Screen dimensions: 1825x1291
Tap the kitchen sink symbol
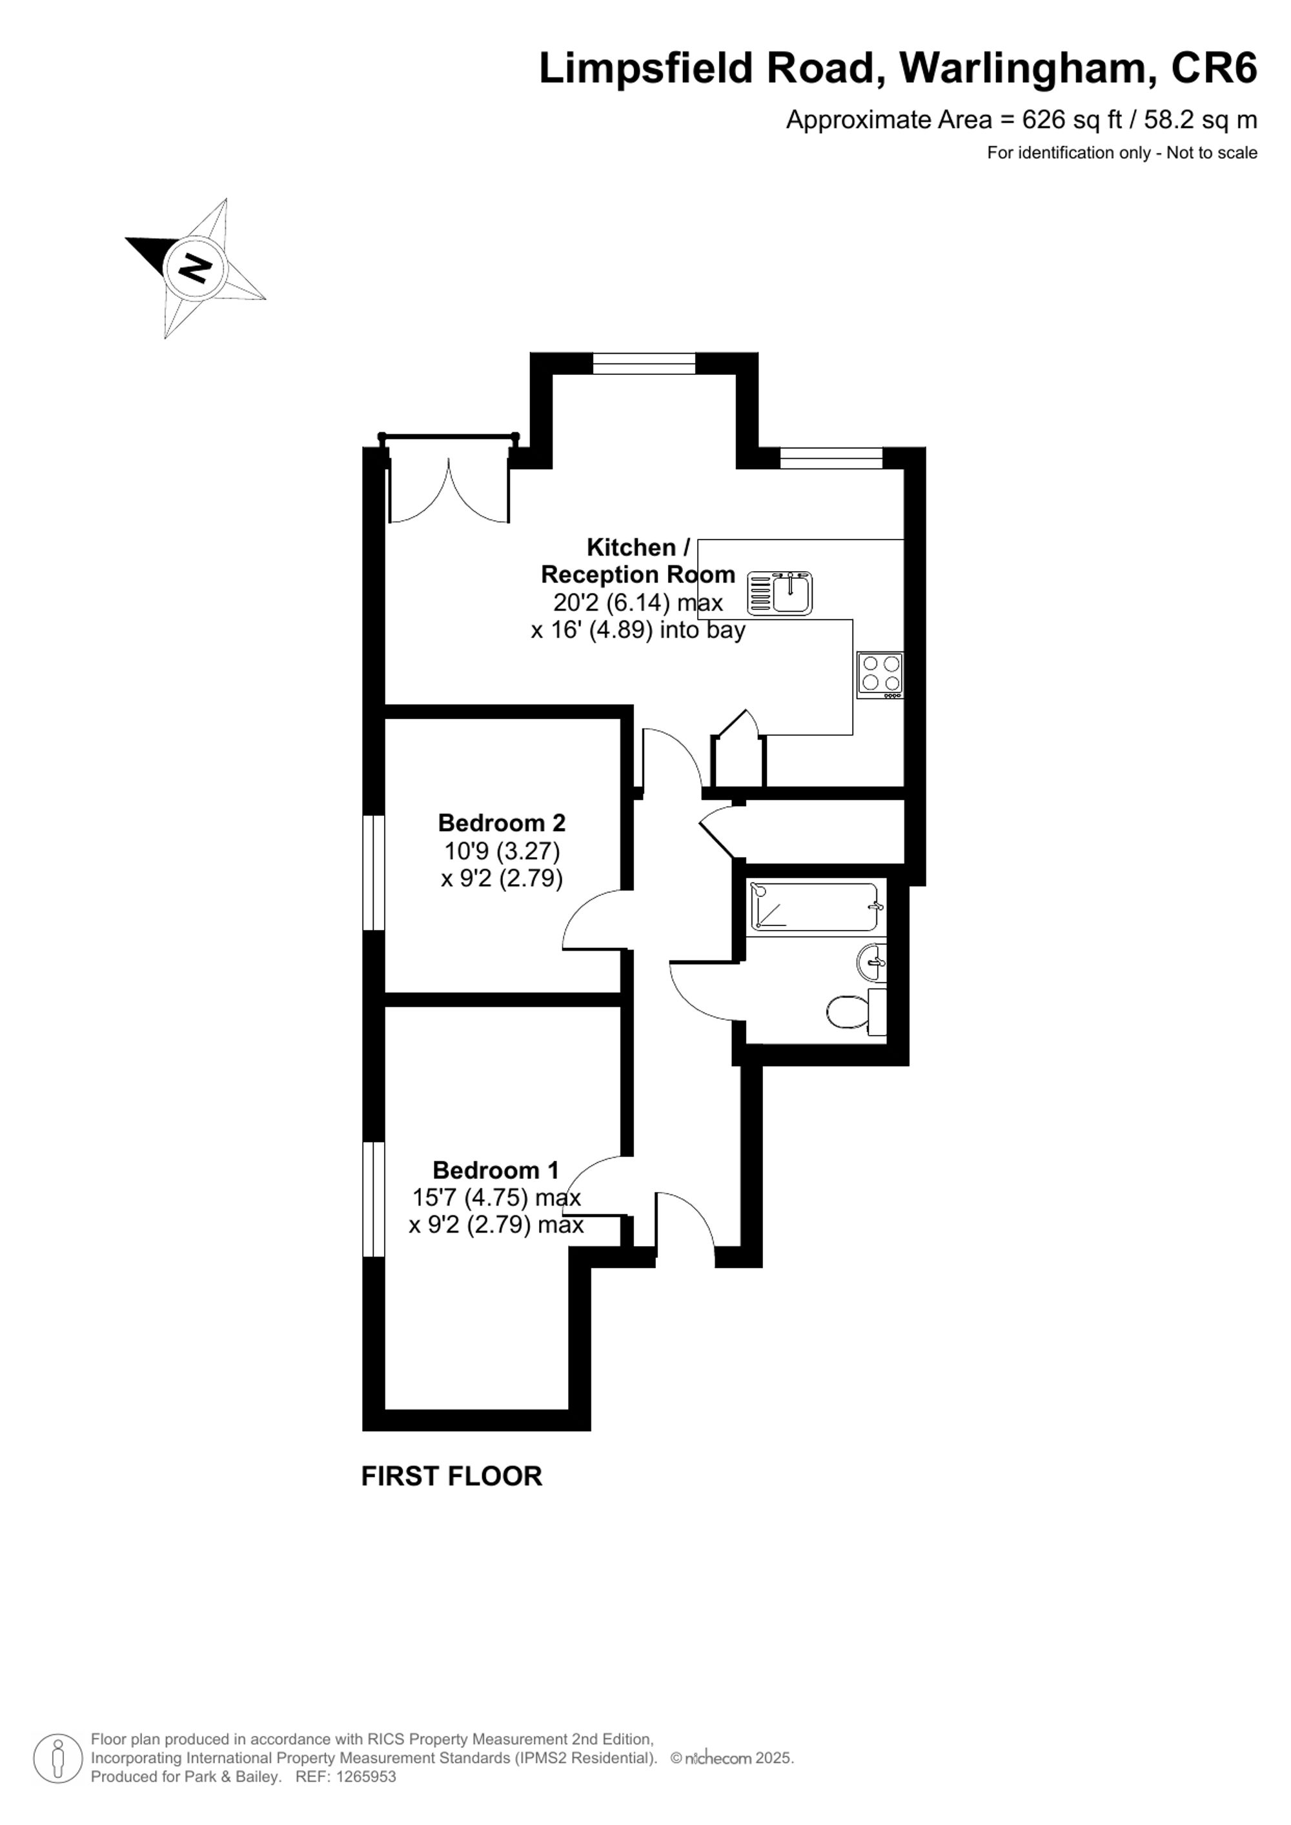[x=780, y=593]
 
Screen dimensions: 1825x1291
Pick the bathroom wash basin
[x=873, y=963]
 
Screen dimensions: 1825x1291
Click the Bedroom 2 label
[x=502, y=822]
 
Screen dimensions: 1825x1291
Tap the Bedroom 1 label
[x=495, y=1170]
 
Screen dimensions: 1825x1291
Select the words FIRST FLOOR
[x=452, y=1476]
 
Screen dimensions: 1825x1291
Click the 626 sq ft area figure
[x=1072, y=120]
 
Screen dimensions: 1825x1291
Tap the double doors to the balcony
[x=449, y=491]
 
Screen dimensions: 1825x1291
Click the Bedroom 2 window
[x=374, y=872]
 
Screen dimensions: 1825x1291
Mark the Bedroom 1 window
[x=374, y=1200]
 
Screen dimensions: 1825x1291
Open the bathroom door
[x=706, y=991]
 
